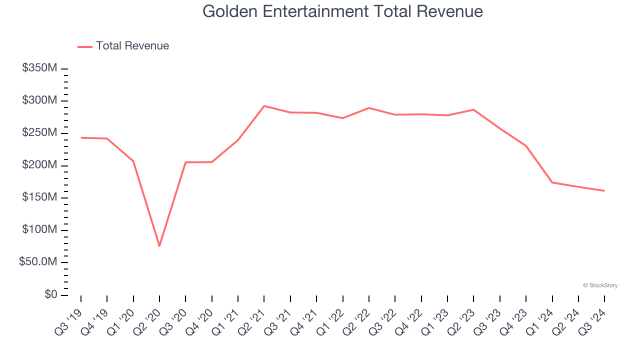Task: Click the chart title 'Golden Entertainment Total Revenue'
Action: [x=342, y=11]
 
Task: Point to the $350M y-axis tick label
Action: [x=39, y=68]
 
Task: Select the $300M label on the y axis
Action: [x=39, y=100]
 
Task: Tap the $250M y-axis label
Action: [x=39, y=133]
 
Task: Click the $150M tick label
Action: [x=39, y=197]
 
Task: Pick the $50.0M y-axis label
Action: [x=37, y=262]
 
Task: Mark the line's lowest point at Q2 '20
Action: [x=159, y=246]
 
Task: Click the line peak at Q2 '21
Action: [x=264, y=106]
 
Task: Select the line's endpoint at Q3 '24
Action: [x=604, y=190]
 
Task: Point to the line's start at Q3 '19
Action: [x=81, y=137]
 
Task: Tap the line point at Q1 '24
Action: [x=552, y=182]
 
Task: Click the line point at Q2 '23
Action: [x=473, y=109]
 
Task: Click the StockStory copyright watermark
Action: [x=600, y=285]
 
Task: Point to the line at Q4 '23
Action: [x=526, y=145]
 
